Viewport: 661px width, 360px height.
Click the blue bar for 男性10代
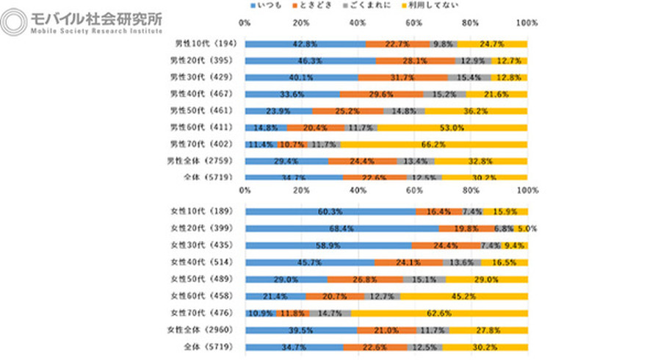pos(305,44)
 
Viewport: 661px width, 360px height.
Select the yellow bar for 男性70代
pos(433,144)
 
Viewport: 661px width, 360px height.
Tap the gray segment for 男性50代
pos(404,110)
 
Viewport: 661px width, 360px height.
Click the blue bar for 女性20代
pos(342,228)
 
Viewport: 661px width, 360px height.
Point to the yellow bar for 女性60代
pos(464,295)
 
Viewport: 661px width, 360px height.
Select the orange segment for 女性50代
pos(365,278)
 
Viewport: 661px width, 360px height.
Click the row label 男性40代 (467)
pos(201,94)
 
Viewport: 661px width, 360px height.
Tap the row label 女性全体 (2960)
pos(201,328)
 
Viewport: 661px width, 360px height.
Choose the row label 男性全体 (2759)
pos(201,160)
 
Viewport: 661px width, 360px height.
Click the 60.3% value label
pos(330,212)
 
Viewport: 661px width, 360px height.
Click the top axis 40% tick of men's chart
pos(358,24)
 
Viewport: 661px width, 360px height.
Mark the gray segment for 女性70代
pos(330,312)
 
